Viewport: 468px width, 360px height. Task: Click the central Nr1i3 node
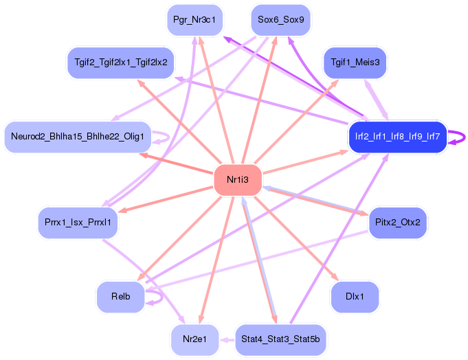(x=238, y=180)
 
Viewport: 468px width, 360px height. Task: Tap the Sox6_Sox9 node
(x=280, y=20)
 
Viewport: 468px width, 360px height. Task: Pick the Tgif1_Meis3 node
(x=355, y=63)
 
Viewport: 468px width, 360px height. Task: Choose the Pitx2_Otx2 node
(x=398, y=222)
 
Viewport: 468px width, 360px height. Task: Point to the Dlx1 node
(x=355, y=297)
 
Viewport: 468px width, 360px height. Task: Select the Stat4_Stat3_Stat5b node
(x=280, y=339)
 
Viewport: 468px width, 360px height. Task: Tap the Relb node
(x=120, y=297)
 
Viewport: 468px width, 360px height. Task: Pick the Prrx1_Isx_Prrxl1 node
(x=78, y=222)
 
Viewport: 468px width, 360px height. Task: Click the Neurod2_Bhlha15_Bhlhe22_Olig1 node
(x=78, y=137)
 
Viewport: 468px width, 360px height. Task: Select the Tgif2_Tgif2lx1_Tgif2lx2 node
(x=120, y=63)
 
